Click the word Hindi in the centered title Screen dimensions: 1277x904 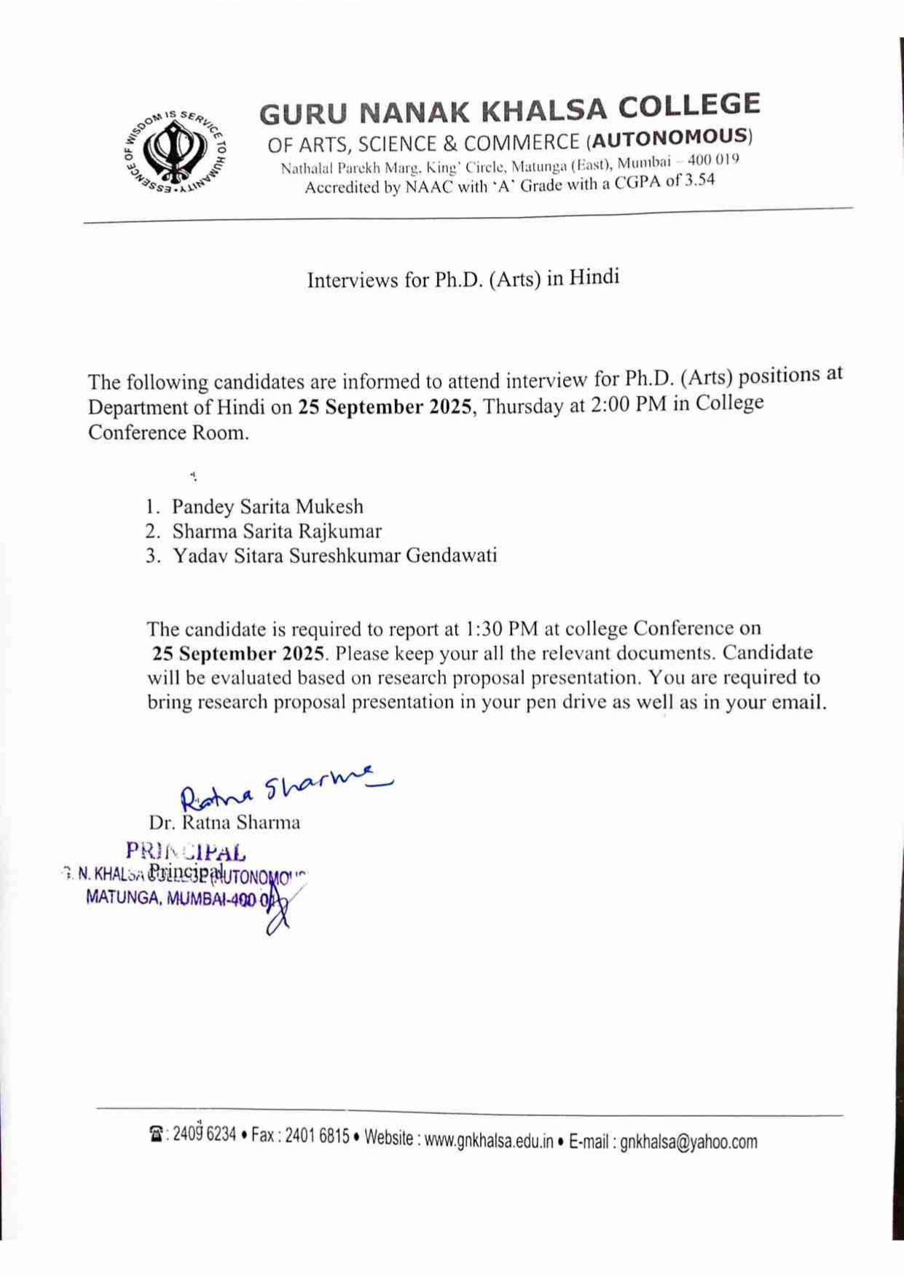pos(594,277)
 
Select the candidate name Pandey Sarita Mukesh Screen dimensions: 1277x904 pos(267,507)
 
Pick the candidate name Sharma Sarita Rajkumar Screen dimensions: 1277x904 pos(277,531)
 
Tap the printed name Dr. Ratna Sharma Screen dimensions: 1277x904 pos(224,823)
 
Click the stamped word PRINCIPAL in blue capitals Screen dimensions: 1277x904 pos(186,850)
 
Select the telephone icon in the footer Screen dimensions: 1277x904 pos(156,1134)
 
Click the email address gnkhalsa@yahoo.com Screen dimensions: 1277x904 pos(688,1141)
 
